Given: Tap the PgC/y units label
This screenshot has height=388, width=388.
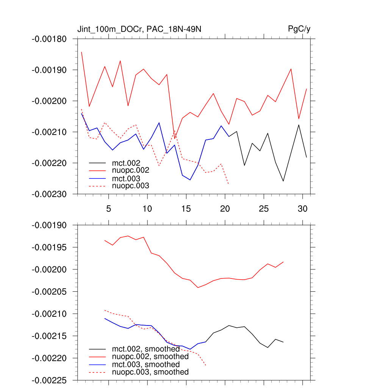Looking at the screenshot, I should [299, 29].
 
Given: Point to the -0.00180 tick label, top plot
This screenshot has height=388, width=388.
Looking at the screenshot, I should [50, 39].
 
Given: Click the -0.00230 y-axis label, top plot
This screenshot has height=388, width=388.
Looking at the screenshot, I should [50, 194].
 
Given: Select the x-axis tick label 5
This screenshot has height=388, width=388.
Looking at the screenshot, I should [108, 209].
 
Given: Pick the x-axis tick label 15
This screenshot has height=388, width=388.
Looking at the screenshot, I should [186, 209].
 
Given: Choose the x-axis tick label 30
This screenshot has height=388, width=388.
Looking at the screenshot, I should [302, 209].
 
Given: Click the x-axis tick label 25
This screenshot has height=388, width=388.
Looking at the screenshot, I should [264, 209].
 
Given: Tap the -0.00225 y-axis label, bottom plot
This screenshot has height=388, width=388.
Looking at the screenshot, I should [50, 380].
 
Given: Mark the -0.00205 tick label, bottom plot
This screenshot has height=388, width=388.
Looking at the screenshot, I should [50, 292].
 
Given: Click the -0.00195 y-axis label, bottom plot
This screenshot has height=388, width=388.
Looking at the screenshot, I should [50, 247].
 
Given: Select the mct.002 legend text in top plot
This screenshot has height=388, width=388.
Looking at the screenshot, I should [129, 163].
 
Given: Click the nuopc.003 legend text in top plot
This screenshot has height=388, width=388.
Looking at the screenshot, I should [131, 186].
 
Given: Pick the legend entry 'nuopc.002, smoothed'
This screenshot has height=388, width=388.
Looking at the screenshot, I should [150, 357].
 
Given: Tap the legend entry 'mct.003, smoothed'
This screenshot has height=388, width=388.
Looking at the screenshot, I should [146, 365].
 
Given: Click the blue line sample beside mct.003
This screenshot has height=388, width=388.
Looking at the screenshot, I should [97, 178].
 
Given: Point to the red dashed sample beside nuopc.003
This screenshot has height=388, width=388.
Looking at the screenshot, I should [97, 186].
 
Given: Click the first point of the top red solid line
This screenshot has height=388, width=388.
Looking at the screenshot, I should [81, 52].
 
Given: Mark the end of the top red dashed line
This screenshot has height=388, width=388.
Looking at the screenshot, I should [228, 184].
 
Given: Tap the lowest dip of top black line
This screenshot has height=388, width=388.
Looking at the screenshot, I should [283, 181].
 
